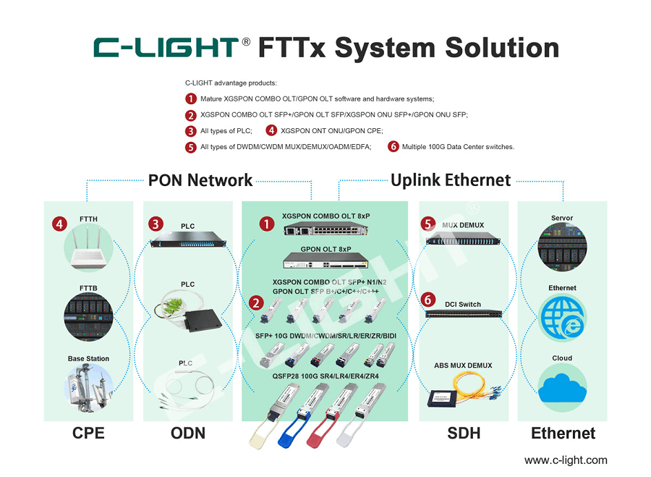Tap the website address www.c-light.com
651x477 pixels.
click(x=566, y=460)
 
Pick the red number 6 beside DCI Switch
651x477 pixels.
click(x=429, y=299)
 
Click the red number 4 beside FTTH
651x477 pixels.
click(x=59, y=224)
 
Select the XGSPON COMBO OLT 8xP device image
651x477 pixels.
click(x=325, y=230)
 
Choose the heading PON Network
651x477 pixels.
click(x=200, y=180)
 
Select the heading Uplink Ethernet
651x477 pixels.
click(x=451, y=180)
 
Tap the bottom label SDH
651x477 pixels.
click(x=463, y=433)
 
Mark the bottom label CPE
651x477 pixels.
click(x=88, y=433)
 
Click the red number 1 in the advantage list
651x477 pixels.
click(x=191, y=98)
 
